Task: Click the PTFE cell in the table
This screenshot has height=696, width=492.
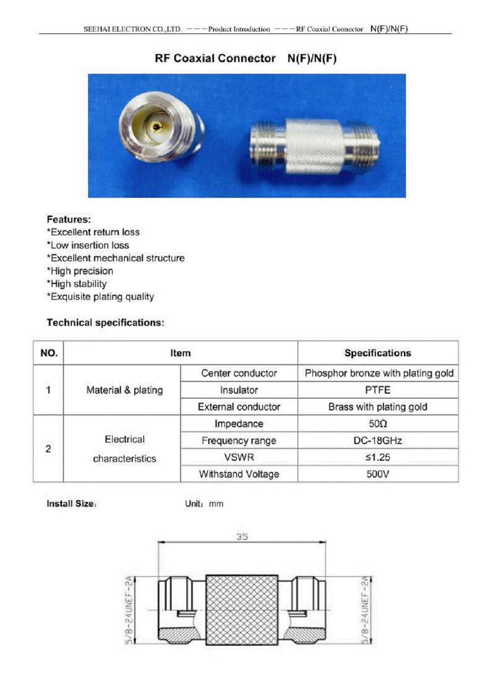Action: [377, 390]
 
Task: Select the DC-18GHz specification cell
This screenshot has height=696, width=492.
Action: [377, 441]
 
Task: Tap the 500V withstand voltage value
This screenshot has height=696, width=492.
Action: [377, 474]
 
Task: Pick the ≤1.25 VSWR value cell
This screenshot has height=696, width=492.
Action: [377, 457]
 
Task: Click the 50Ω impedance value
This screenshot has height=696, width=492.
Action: [377, 424]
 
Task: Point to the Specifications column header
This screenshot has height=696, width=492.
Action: [377, 353]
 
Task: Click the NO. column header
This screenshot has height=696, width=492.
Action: [49, 353]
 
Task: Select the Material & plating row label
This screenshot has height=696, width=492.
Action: [124, 390]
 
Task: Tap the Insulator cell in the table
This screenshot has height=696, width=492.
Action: [239, 390]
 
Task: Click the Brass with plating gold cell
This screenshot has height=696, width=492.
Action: [377, 407]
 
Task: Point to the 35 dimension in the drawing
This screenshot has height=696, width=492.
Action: [242, 537]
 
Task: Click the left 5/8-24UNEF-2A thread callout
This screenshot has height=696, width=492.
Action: [129, 609]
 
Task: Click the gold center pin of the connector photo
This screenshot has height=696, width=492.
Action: [157, 127]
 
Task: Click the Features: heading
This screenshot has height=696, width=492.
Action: [69, 220]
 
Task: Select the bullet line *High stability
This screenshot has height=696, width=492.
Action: [77, 284]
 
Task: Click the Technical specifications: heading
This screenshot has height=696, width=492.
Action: [105, 323]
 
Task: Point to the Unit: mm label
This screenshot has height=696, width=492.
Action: [204, 504]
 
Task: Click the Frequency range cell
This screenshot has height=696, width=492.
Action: [239, 441]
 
